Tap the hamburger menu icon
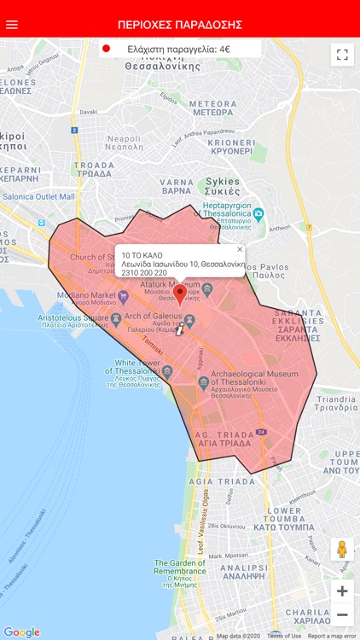tap(12, 24)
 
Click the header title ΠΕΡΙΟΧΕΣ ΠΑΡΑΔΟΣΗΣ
tap(180, 24)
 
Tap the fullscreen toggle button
tap(342, 55)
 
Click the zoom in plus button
tap(342, 591)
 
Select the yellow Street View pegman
tap(342, 549)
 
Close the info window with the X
tap(240, 250)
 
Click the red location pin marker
tap(179, 294)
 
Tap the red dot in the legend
tap(107, 49)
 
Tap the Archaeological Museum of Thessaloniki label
tap(253, 379)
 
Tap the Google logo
tap(21, 632)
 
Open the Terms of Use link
tap(283, 636)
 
